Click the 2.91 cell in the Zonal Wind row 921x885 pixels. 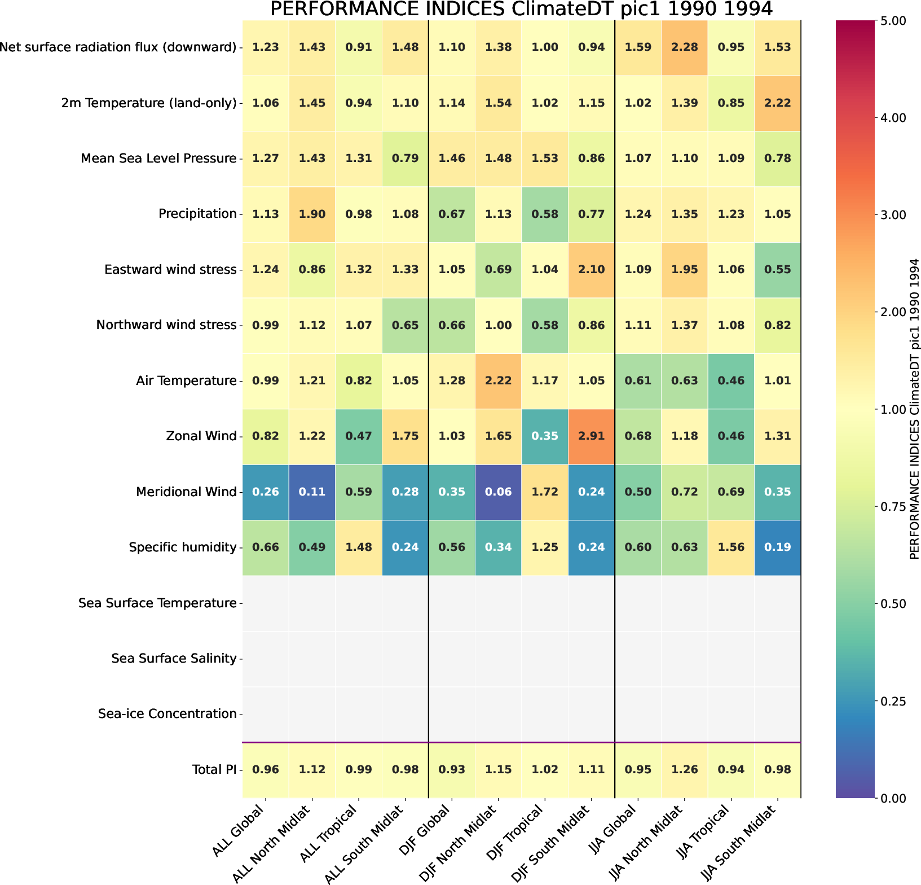point(591,436)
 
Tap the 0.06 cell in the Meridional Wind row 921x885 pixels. point(498,492)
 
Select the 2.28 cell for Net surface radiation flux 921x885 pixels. point(684,47)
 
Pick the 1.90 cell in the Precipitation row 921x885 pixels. point(312,214)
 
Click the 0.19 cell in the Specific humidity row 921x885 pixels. point(777,547)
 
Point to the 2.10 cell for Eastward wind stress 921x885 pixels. point(591,270)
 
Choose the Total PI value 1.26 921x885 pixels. point(684,769)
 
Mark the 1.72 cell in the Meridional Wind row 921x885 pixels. point(545,492)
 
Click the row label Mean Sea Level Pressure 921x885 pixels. point(158,159)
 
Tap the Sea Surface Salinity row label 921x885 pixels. point(174,659)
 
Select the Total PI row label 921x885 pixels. point(214,769)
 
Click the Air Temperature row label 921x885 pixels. point(186,381)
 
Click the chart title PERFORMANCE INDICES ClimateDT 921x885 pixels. point(521,10)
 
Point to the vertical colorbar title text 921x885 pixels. point(914,409)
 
